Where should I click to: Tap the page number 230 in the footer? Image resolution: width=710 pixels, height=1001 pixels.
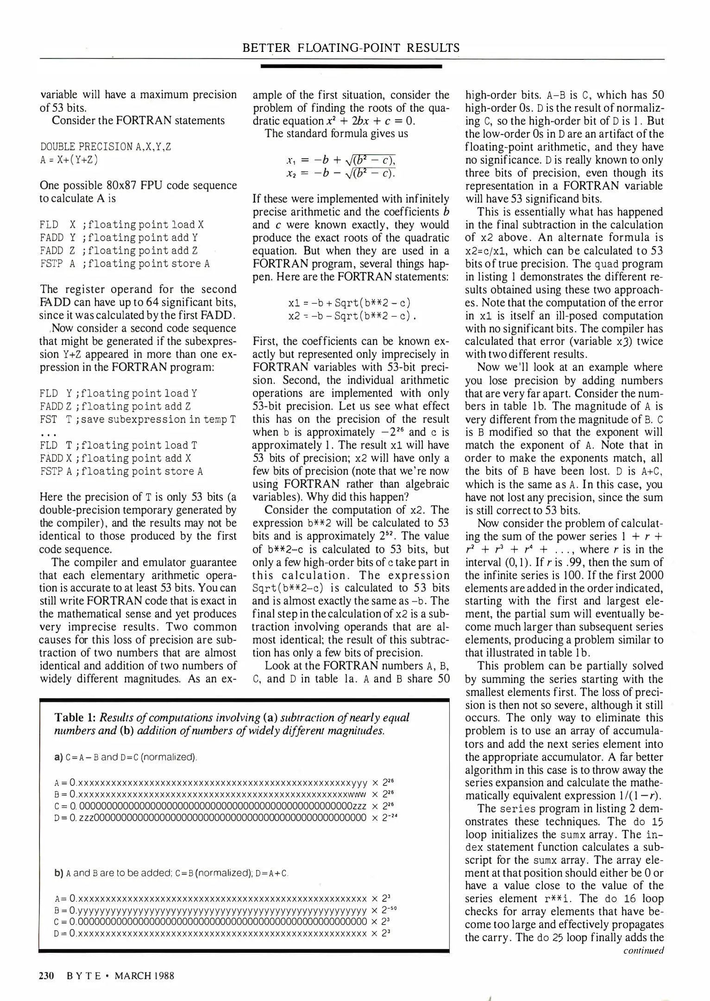[46, 976]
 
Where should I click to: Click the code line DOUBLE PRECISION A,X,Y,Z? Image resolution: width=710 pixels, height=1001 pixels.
[106, 147]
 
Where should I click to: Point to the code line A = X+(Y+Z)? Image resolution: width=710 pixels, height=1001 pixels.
[69, 160]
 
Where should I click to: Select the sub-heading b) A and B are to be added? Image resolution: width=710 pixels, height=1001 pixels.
[171, 874]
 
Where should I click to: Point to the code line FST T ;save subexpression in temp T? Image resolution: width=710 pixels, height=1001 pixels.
[138, 419]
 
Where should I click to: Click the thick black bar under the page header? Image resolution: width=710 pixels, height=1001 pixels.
[351, 67]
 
